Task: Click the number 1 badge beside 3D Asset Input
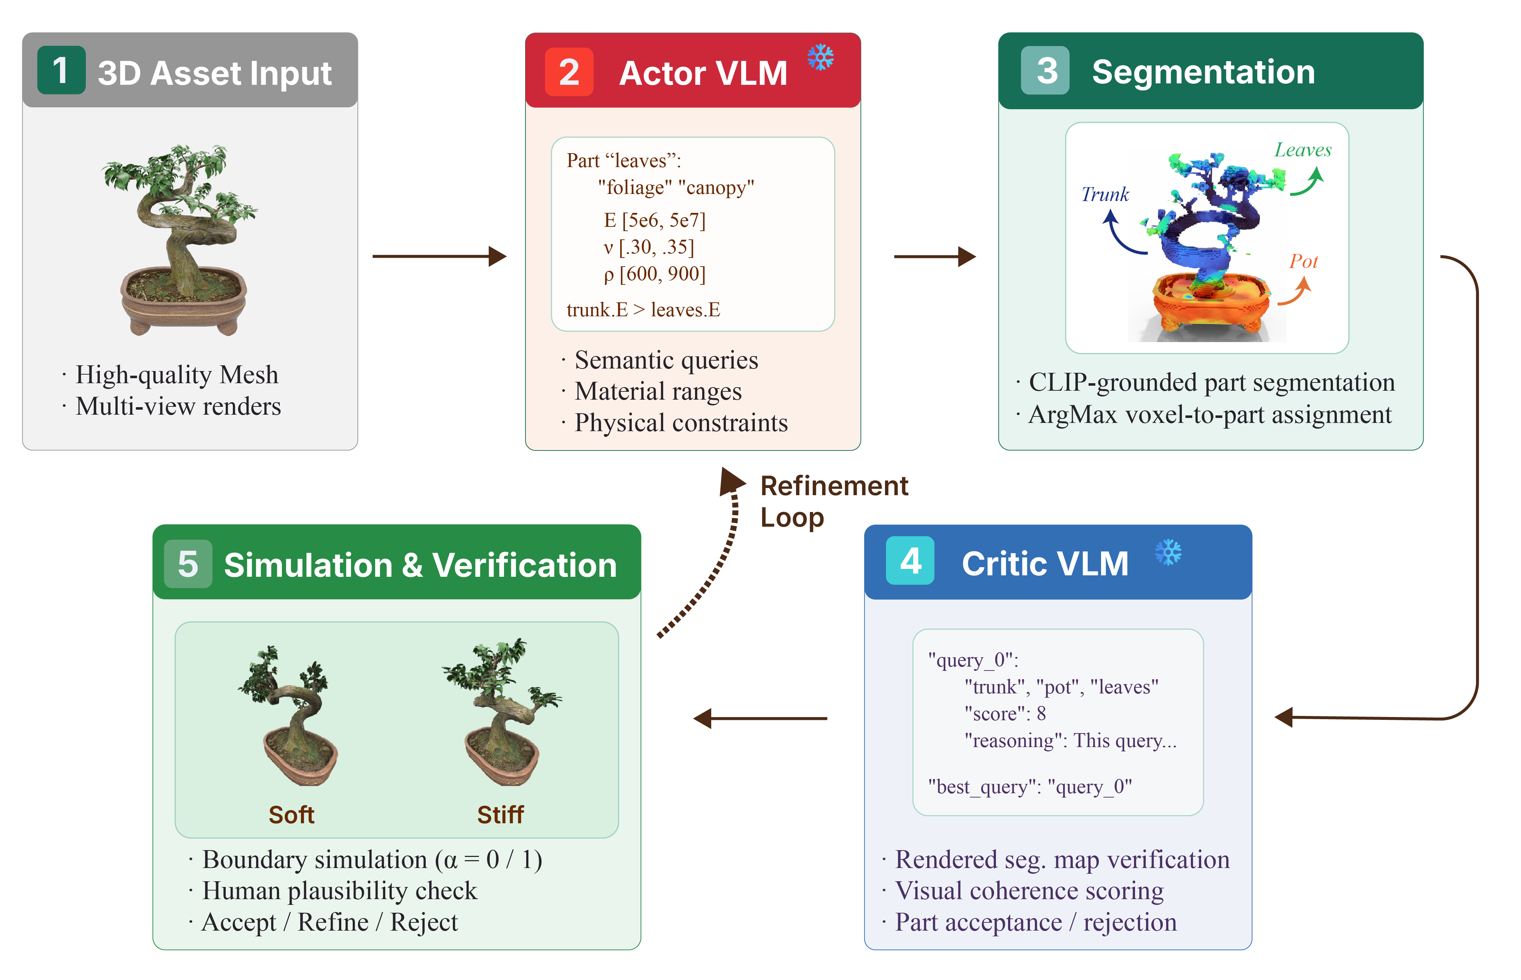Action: (61, 70)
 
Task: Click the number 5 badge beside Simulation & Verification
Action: (188, 564)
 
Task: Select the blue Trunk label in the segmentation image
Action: (1105, 194)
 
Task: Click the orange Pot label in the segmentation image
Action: (1304, 261)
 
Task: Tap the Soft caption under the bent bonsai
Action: (291, 815)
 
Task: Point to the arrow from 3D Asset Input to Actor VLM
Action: (439, 257)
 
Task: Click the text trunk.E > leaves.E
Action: (643, 310)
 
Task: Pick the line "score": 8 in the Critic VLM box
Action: (1005, 713)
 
